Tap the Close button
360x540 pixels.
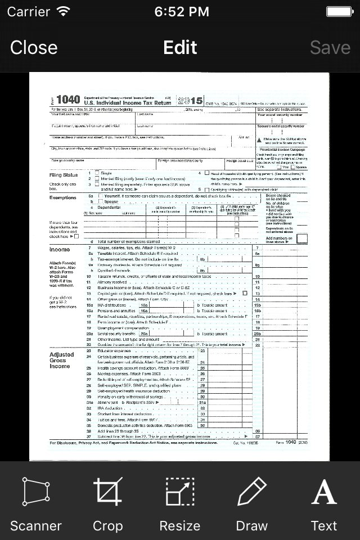click(34, 47)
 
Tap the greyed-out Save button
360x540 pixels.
click(330, 47)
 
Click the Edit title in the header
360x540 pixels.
click(180, 47)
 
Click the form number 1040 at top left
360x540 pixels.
click(68, 100)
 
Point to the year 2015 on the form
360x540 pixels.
click(190, 101)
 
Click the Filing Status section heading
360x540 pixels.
click(64, 175)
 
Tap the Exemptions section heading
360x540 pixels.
click(62, 197)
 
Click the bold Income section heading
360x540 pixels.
click(60, 249)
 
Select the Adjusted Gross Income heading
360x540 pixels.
click(62, 360)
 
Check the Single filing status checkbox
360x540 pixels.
click(97, 173)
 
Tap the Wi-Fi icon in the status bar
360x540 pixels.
click(64, 11)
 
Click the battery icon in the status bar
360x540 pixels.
click(339, 11)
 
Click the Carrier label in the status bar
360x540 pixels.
click(28, 11)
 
